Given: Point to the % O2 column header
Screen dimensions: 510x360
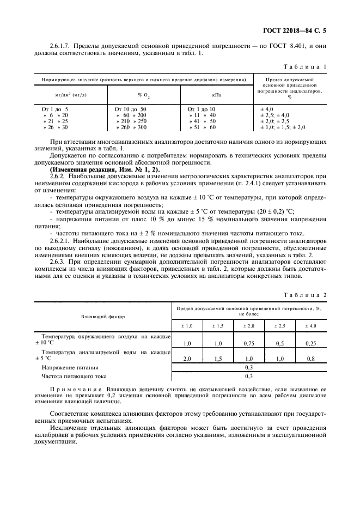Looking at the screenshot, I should pos(143,95).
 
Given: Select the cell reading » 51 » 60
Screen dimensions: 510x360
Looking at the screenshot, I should pos(202,127).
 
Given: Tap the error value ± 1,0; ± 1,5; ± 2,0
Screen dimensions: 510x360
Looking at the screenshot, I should pos(283,127).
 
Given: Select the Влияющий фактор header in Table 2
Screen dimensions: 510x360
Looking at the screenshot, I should pos(103,316).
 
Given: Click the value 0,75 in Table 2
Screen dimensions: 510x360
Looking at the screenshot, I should pos(249,343).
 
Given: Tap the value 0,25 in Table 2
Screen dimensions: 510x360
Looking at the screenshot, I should pos(311,343).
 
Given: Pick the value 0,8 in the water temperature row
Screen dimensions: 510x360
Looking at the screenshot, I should pos(311,359).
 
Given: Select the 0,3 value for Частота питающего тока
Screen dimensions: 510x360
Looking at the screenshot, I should pos(249,376).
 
